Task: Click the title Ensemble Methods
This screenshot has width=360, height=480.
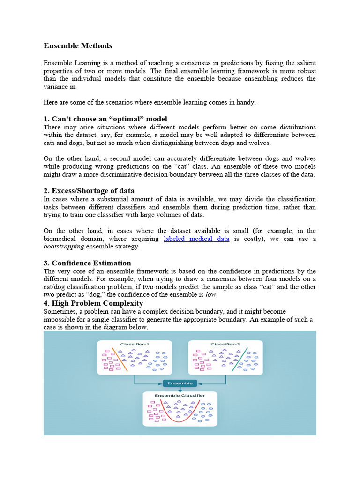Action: (78, 46)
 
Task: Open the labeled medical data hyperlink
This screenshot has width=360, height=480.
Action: (196, 239)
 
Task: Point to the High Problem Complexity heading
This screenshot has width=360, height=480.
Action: (93, 303)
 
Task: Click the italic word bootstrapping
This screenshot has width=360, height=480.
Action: (64, 247)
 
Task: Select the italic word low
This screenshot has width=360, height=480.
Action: (211, 295)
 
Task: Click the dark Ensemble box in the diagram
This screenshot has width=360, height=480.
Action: (180, 383)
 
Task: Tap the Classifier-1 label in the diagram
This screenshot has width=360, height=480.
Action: (134, 344)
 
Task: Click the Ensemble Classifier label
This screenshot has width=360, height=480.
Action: (180, 396)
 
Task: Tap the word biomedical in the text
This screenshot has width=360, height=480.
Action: (63, 239)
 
